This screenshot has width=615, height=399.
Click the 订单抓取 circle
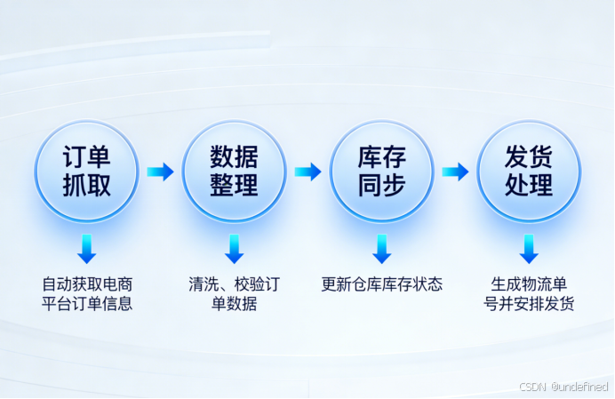point(86,172)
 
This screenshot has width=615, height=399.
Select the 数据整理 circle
point(234,172)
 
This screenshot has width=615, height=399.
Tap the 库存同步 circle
point(381,172)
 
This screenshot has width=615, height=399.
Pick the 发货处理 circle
point(529,172)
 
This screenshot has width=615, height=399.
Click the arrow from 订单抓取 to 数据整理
point(160,172)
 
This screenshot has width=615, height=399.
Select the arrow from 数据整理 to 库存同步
point(307,172)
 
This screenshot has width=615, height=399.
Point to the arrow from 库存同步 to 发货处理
point(455,172)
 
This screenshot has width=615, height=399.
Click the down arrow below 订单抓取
point(86,249)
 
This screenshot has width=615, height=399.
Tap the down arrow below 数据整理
point(234,249)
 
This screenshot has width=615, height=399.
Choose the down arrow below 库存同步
point(381,249)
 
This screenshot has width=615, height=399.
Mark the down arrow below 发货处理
point(529,249)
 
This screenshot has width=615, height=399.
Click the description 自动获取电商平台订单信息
point(86,294)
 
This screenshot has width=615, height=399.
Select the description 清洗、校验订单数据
point(234,294)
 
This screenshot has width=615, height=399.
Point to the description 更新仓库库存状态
point(381,285)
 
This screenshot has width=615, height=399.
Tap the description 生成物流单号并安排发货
point(529,294)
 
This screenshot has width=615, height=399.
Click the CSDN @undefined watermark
point(563,387)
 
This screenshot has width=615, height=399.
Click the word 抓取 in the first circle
point(86,186)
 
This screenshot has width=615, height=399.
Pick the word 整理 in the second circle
point(234,186)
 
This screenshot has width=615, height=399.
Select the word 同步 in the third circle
point(381,186)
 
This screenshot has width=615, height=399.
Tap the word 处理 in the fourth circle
point(529,186)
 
